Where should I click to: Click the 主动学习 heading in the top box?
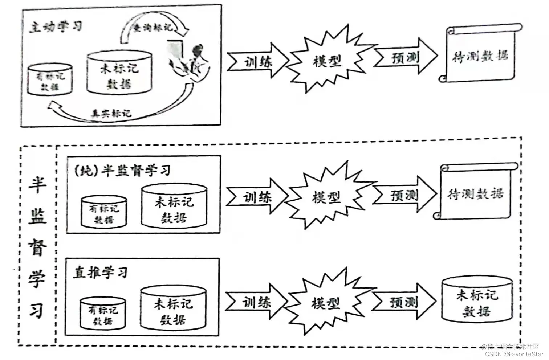(x=56, y=26)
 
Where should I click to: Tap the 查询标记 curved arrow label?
(x=153, y=28)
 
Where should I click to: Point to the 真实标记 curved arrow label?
(x=111, y=113)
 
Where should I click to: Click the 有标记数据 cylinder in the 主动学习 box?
(x=50, y=80)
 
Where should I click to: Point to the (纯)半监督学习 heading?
(x=122, y=170)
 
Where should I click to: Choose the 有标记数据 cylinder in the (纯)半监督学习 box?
(x=104, y=213)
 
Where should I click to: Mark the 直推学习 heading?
(x=100, y=272)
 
